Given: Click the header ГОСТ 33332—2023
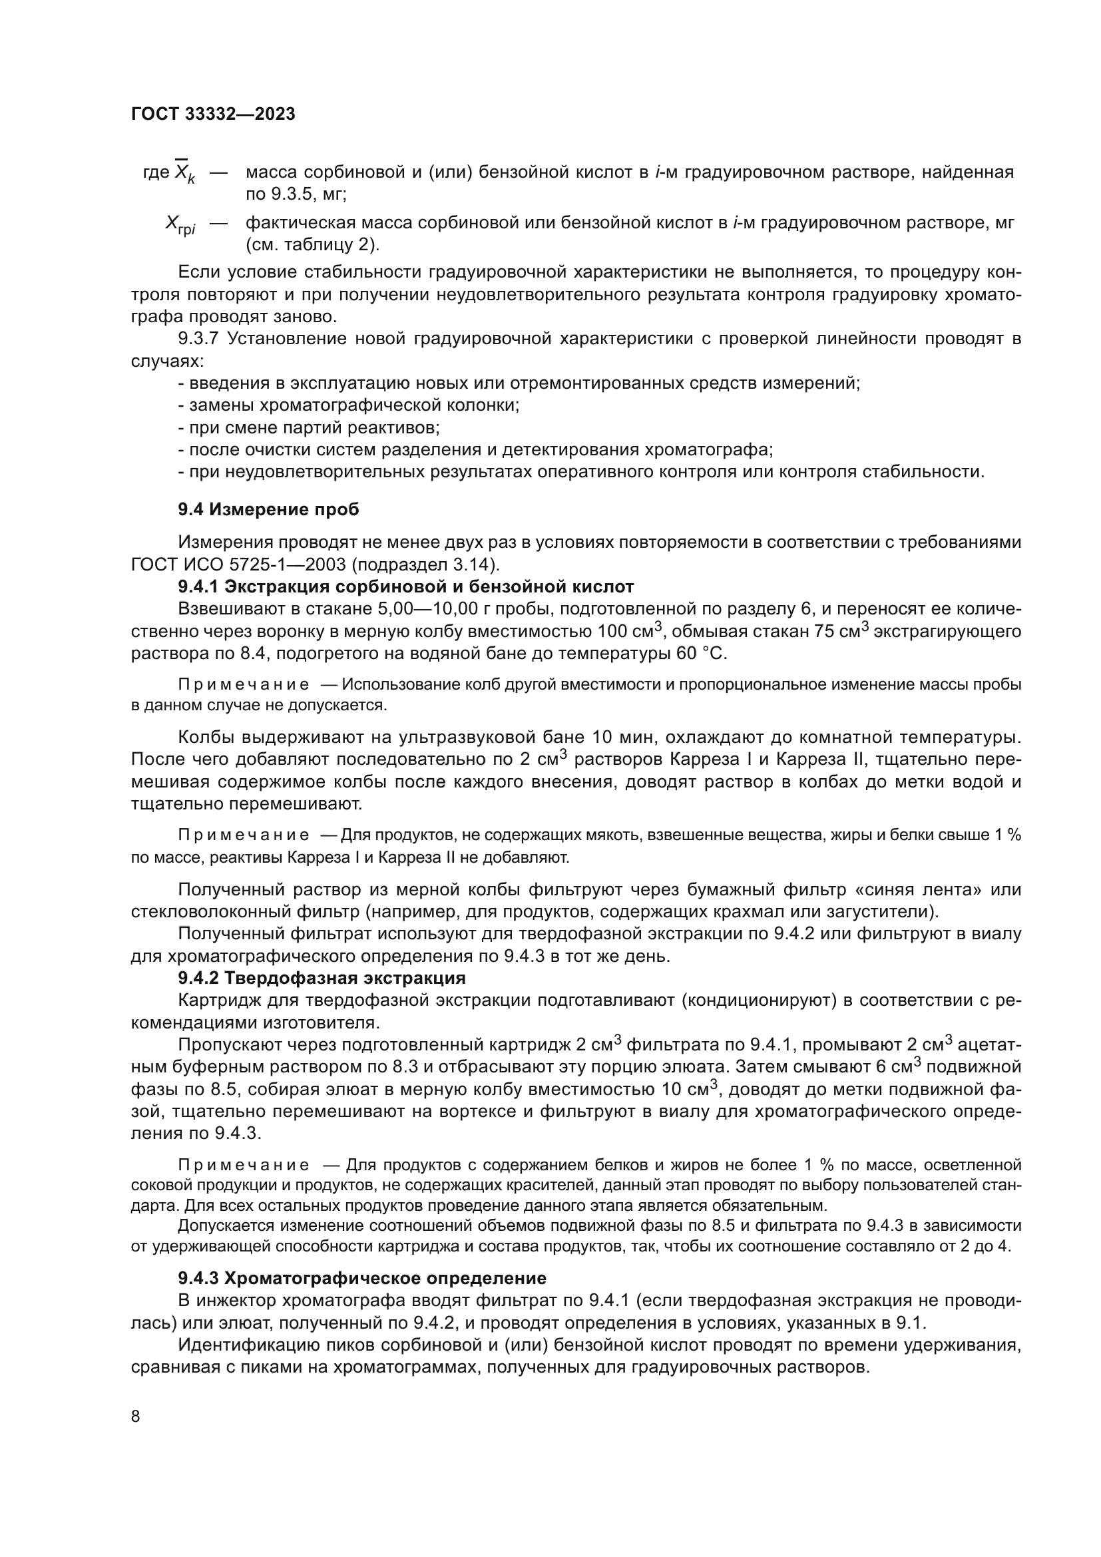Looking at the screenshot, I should click(213, 114).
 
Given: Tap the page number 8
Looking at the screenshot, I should click(136, 1416).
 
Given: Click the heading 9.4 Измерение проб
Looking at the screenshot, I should click(268, 509).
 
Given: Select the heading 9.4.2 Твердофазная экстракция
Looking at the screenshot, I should click(322, 978).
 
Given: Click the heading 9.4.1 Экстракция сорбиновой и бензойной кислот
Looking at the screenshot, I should click(405, 586).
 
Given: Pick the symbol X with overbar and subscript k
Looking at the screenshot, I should click(184, 173).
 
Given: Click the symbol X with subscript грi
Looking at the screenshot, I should click(180, 224).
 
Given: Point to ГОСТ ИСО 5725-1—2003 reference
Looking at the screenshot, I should click(240, 564).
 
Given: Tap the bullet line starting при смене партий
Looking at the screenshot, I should click(308, 428).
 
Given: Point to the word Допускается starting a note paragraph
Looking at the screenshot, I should click(220, 1225).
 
